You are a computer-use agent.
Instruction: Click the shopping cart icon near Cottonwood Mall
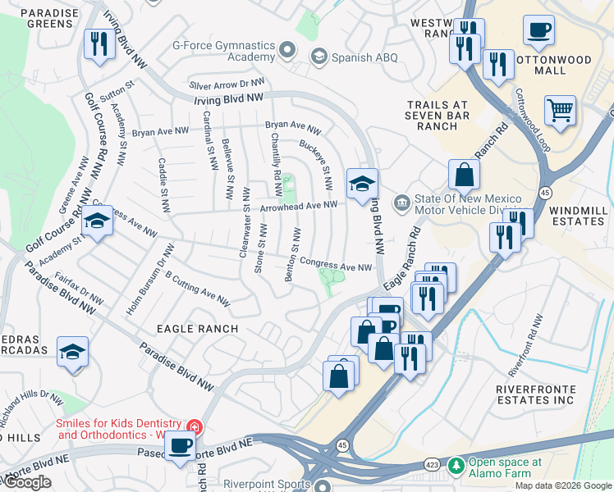(560, 109)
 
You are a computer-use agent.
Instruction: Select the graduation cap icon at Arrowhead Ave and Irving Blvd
(360, 184)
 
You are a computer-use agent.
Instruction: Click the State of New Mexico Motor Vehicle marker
(402, 202)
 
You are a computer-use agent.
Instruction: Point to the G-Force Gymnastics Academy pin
(287, 51)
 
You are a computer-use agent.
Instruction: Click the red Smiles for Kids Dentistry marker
(194, 427)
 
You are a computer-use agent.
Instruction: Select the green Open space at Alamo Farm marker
(456, 466)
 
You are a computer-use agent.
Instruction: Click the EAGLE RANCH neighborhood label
(198, 329)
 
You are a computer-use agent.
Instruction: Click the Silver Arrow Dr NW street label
(227, 84)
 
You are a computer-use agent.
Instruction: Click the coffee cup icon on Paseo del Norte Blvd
(180, 447)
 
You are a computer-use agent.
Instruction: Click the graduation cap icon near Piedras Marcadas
(72, 352)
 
